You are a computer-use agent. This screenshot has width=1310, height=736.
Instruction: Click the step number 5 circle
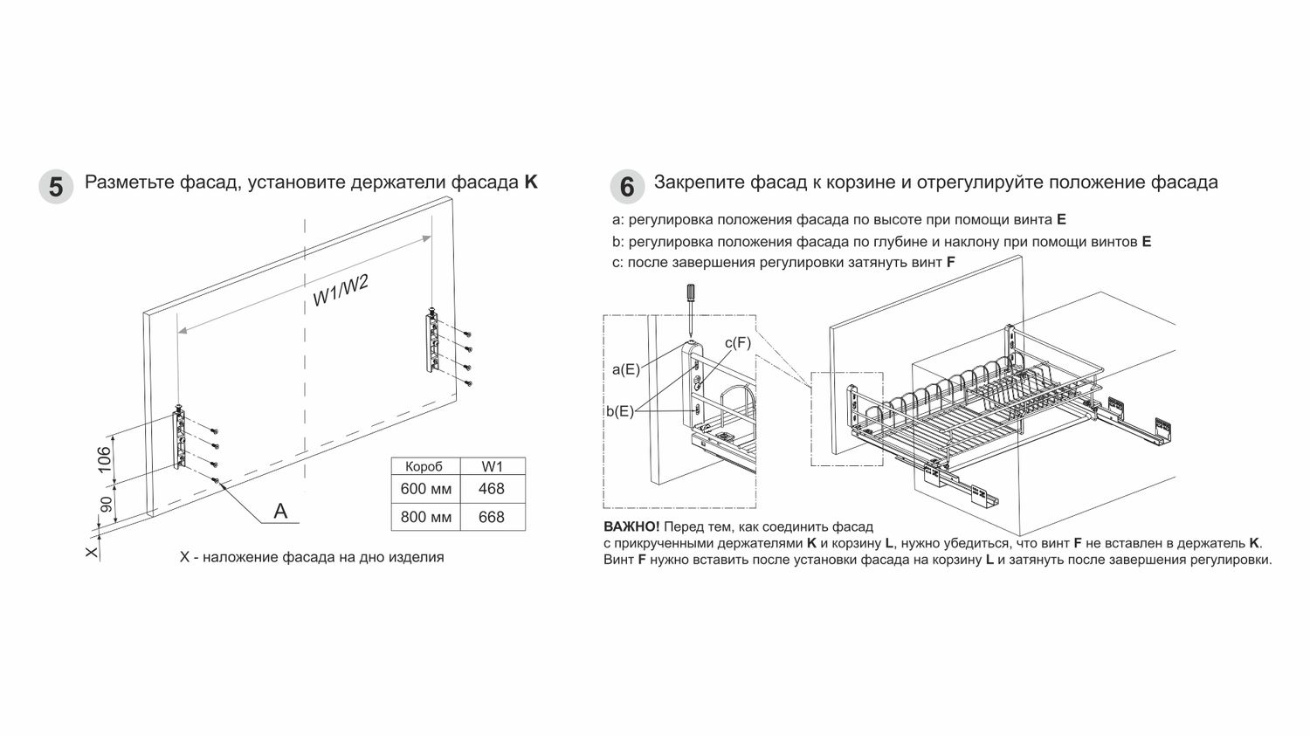pyautogui.click(x=56, y=187)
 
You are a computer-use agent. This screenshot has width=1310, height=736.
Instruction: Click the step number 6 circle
pyautogui.click(x=625, y=187)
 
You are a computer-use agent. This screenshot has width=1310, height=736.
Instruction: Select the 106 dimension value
pyautogui.click(x=104, y=458)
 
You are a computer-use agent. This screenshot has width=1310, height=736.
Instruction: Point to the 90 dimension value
pyautogui.click(x=106, y=505)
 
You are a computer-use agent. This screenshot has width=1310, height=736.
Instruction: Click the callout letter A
pyautogui.click(x=280, y=511)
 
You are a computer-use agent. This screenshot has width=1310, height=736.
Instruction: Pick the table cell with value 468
pyautogui.click(x=492, y=489)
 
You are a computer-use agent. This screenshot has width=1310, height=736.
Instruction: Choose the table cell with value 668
pyautogui.click(x=492, y=517)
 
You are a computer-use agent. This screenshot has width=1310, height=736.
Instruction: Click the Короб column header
pyautogui.click(x=425, y=466)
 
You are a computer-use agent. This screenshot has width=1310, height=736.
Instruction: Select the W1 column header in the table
pyautogui.click(x=492, y=466)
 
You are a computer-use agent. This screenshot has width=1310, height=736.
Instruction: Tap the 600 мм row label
pyautogui.click(x=425, y=489)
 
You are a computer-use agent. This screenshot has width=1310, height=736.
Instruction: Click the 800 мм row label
pyautogui.click(x=425, y=517)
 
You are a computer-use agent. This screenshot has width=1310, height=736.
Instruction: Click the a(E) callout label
pyautogui.click(x=626, y=369)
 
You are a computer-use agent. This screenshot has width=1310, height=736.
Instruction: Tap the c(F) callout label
pyautogui.click(x=738, y=342)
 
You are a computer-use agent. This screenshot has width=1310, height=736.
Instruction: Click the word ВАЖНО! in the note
pyautogui.click(x=631, y=527)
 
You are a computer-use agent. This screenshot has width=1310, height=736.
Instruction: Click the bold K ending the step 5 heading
pyautogui.click(x=531, y=182)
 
